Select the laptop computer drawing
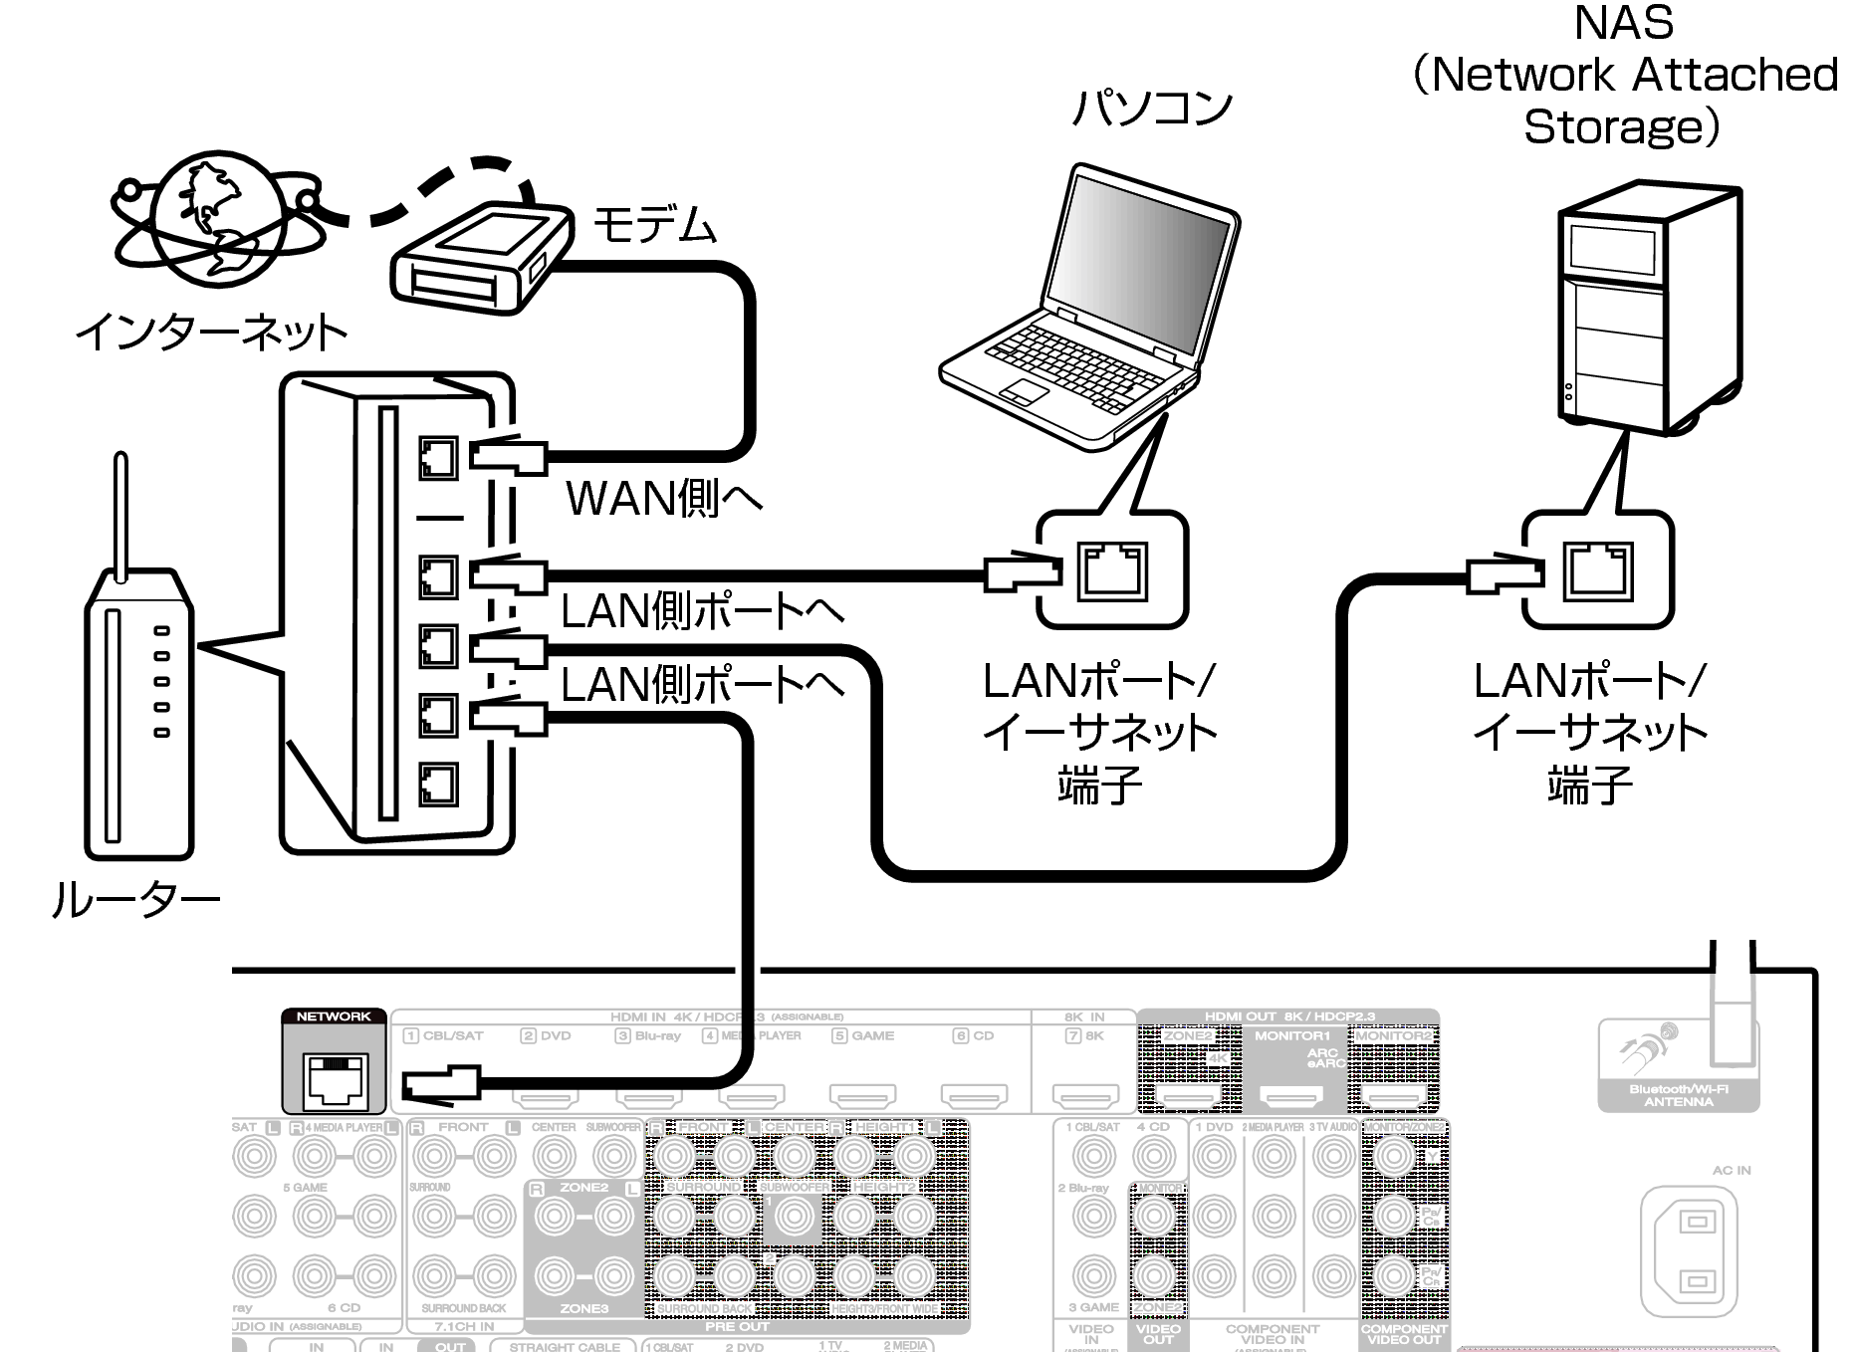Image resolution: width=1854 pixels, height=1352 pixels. click(1090, 309)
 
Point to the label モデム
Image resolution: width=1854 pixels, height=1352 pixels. click(653, 224)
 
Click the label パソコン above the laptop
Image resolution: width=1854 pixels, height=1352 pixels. click(1151, 108)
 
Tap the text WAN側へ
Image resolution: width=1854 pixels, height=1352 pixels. click(663, 497)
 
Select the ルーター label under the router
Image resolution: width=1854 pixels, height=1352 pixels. click(135, 900)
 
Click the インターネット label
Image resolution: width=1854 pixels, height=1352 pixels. click(212, 332)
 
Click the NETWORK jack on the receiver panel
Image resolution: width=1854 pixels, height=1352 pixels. click(335, 1080)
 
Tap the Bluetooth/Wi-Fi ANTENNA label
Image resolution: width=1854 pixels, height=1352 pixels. click(1678, 1095)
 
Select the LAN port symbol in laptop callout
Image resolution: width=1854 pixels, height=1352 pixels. click(1111, 571)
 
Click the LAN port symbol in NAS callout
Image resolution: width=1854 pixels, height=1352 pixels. click(1597, 571)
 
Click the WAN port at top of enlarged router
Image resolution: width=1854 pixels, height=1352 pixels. click(437, 459)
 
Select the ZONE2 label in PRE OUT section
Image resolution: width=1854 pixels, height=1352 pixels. click(582, 1188)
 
